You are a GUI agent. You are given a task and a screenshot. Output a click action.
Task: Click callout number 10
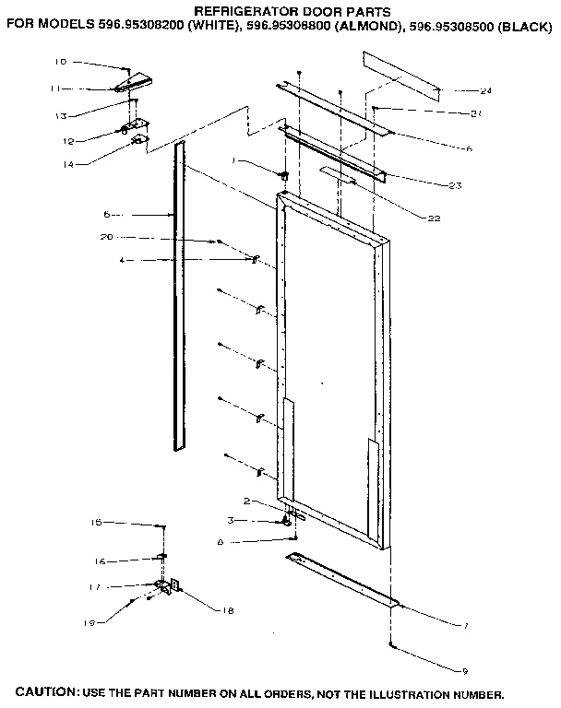tap(60, 62)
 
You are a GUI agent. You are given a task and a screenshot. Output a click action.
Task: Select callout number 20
tap(106, 237)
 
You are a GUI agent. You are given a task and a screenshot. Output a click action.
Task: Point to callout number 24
tap(485, 91)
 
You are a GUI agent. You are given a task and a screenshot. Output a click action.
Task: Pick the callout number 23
tap(455, 186)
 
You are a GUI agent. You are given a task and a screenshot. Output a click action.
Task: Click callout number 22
tap(435, 218)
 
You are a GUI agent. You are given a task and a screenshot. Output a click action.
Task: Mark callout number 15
tap(96, 523)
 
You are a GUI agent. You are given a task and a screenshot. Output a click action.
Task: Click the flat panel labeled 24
tap(401, 77)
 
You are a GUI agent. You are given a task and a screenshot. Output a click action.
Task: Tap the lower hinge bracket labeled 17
tap(167, 585)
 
